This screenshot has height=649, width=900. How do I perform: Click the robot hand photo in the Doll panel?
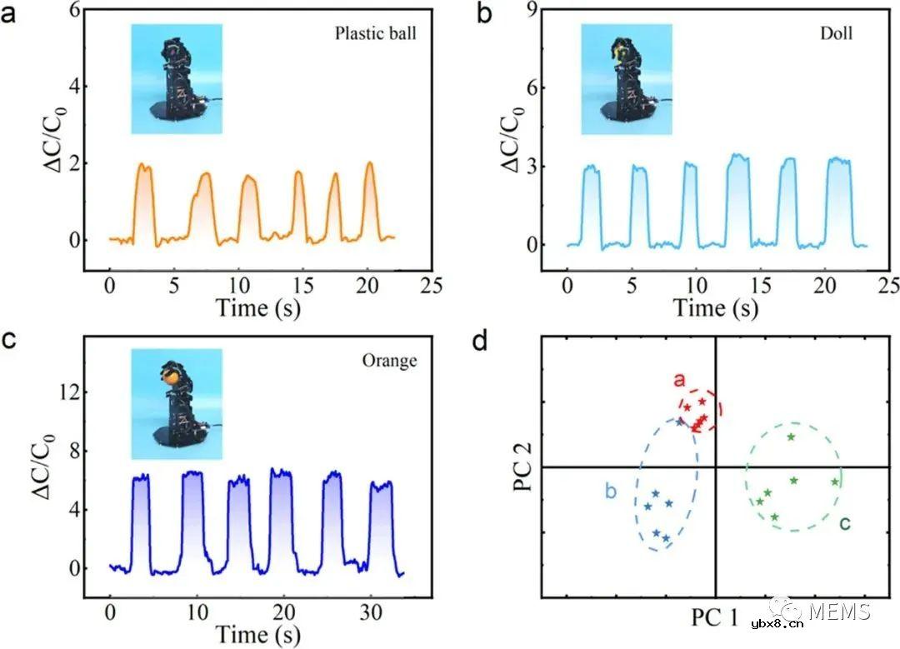pyautogui.click(x=626, y=79)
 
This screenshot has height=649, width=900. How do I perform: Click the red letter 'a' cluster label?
pyautogui.click(x=679, y=381)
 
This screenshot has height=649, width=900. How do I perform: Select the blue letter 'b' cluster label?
pyautogui.click(x=610, y=492)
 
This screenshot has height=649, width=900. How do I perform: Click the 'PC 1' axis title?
pyautogui.click(x=715, y=617)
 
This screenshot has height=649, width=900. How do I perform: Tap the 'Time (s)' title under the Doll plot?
pyautogui.click(x=716, y=307)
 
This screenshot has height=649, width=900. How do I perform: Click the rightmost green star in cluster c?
pyautogui.click(x=834, y=482)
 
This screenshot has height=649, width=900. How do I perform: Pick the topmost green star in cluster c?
pyautogui.click(x=791, y=437)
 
